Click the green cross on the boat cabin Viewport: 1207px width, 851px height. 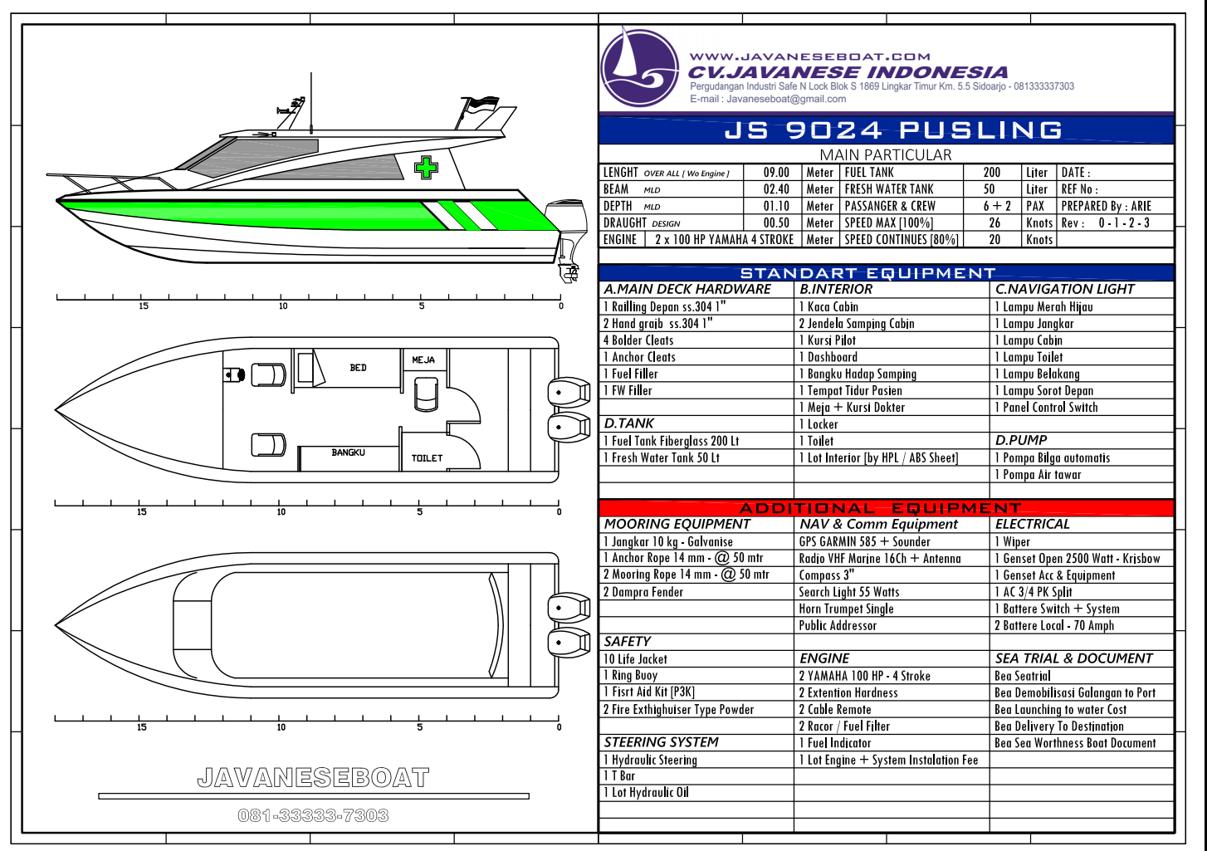(x=426, y=168)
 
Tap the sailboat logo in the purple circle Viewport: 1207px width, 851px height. (x=639, y=67)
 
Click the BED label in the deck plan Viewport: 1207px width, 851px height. (x=359, y=368)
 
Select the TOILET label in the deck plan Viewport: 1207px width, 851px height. (x=427, y=458)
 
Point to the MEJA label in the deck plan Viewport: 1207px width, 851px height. (x=423, y=359)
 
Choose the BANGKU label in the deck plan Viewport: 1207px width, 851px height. (x=348, y=452)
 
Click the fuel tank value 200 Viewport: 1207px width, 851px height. (x=991, y=173)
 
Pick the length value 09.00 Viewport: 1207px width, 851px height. (x=776, y=173)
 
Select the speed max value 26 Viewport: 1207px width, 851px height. (x=994, y=223)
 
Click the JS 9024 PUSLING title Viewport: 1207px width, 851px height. (x=892, y=130)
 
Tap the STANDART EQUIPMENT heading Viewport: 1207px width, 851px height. (x=867, y=273)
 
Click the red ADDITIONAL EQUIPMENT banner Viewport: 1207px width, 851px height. (x=887, y=507)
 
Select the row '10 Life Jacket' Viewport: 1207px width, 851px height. (x=635, y=659)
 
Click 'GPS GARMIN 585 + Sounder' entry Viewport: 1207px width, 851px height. (x=864, y=541)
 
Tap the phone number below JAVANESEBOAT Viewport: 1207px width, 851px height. (x=313, y=815)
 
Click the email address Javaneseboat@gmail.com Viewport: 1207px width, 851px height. (x=786, y=99)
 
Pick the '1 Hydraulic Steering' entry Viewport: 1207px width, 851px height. (x=650, y=760)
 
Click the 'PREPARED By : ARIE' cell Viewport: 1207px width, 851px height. (x=1107, y=206)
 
